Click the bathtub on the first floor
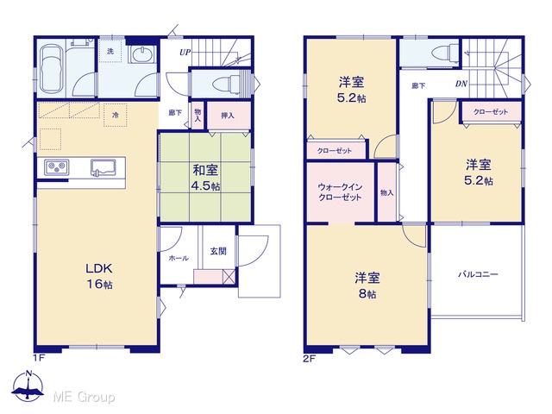coord(52,69)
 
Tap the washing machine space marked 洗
coord(110,52)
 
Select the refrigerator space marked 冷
coord(115,115)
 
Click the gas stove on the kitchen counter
coord(56,166)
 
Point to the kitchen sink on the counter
coord(103,167)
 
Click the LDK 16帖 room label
coord(99,276)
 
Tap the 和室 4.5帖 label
coord(205,178)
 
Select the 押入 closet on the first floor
coord(229,116)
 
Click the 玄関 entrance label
coord(218,251)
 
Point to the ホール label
coord(179,258)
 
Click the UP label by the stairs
coord(185,53)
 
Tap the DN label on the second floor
coord(461,84)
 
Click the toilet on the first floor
coord(226,84)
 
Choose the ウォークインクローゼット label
coord(340,191)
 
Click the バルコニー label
coord(478,274)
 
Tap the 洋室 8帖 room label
coord(367,285)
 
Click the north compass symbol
coord(28,386)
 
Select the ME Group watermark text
coord(84,397)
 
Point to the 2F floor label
coord(310,359)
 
